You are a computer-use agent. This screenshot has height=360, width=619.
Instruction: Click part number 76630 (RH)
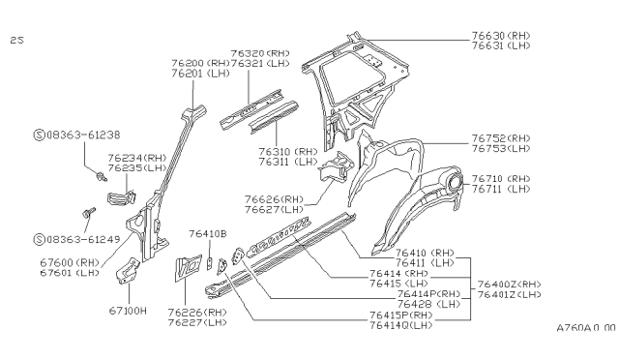pyautogui.click(x=501, y=36)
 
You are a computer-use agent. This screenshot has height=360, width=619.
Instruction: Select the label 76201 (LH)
pyautogui.click(x=200, y=74)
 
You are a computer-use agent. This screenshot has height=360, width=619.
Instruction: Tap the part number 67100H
pyautogui.click(x=128, y=311)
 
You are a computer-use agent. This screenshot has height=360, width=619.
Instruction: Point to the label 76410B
pyautogui.click(x=208, y=234)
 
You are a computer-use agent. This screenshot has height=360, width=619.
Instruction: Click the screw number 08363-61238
pyautogui.click(x=83, y=135)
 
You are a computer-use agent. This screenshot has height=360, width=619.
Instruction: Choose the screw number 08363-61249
pyautogui.click(x=83, y=239)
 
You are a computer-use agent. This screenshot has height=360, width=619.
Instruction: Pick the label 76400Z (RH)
pyautogui.click(x=510, y=285)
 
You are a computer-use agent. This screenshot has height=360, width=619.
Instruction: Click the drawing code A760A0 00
pyautogui.click(x=586, y=328)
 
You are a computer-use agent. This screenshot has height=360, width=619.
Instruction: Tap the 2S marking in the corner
pyautogui.click(x=17, y=40)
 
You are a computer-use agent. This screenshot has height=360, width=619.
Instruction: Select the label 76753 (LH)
pyautogui.click(x=501, y=149)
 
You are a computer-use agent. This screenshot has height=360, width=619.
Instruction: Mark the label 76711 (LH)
pyautogui.click(x=501, y=189)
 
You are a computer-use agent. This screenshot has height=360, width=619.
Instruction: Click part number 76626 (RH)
pyautogui.click(x=274, y=199)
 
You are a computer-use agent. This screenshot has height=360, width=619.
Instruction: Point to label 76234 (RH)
pyautogui.click(x=137, y=158)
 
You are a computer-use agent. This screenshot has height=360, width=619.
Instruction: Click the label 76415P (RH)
pyautogui.click(x=401, y=315)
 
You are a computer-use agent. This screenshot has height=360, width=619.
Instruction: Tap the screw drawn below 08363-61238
pyautogui.click(x=102, y=176)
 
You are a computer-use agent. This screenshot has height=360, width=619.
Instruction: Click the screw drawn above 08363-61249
pyautogui.click(x=89, y=212)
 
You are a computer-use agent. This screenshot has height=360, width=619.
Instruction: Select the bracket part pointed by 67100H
pyautogui.click(x=128, y=271)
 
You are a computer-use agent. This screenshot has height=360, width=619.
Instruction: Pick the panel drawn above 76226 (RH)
pyautogui.click(x=188, y=268)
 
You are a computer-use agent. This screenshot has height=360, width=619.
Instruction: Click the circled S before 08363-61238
pyautogui.click(x=39, y=135)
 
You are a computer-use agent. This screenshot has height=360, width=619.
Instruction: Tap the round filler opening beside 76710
pyautogui.click(x=455, y=182)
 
